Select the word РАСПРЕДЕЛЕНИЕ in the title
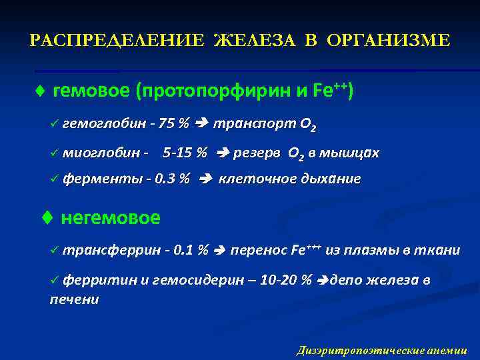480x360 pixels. tap(117, 41)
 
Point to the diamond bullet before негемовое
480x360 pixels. tap(47, 218)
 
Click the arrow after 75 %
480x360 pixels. tap(202, 124)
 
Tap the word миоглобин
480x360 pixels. tap(97, 153)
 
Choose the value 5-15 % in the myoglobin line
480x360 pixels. tap(185, 153)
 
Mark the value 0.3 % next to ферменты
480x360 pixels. tap(172, 179)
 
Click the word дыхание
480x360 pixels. tap(331, 179)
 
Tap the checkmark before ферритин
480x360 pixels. tap(54, 280)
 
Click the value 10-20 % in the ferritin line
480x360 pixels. tap(285, 280)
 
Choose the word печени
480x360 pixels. tap(74, 299)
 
